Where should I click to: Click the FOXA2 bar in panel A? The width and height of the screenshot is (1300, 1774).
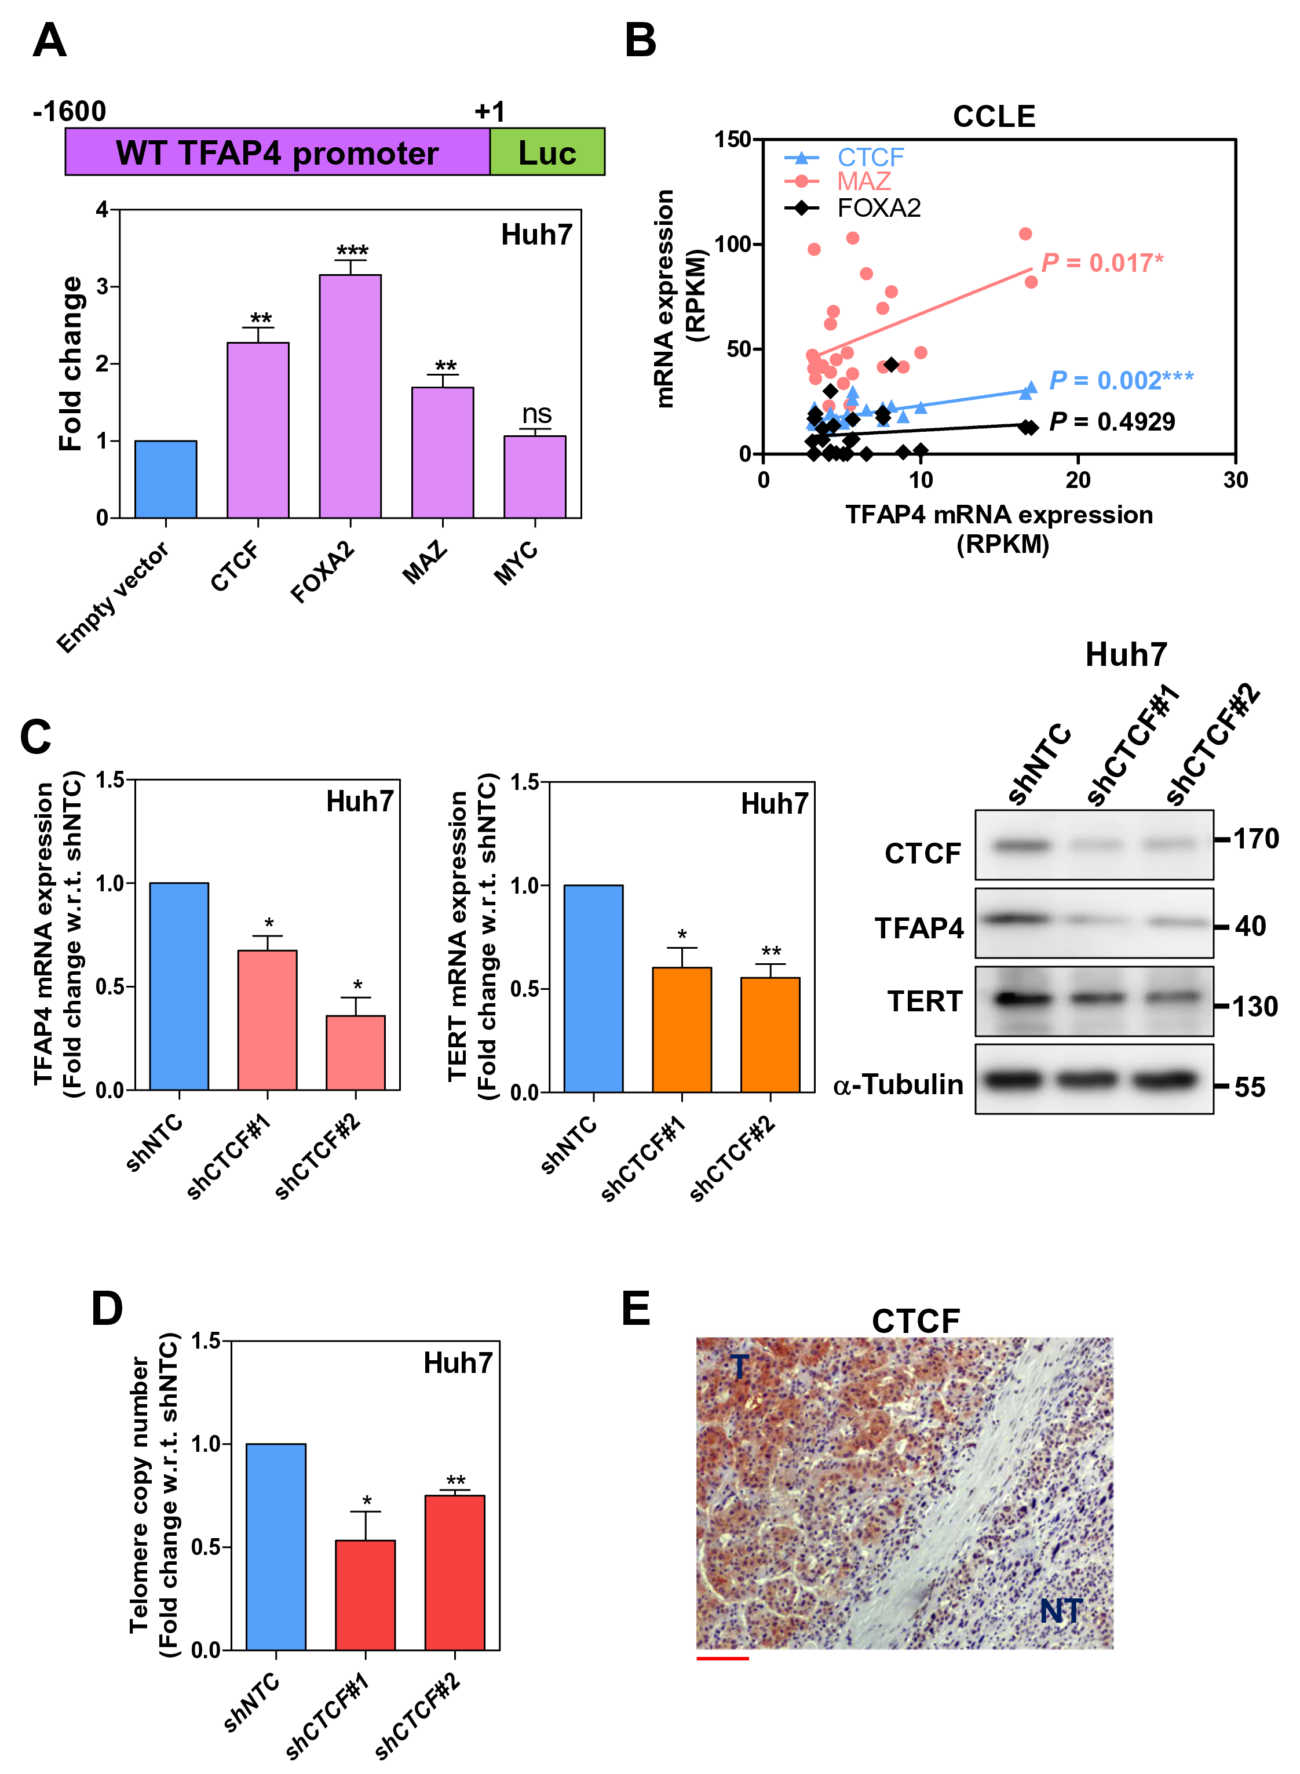click(x=350, y=396)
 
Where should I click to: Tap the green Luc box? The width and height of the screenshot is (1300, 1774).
click(x=547, y=152)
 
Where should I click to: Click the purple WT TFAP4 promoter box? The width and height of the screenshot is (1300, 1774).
click(x=277, y=152)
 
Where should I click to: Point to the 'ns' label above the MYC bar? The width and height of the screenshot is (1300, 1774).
click(x=536, y=413)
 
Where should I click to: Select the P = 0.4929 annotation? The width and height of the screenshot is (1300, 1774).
click(x=1112, y=422)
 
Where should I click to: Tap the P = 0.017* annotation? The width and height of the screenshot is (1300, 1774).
click(x=1102, y=263)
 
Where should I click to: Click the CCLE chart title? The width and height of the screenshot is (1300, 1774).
click(x=994, y=116)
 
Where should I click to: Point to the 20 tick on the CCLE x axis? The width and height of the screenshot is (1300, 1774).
click(x=1078, y=480)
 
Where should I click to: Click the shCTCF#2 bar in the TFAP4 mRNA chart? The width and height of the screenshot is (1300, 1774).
click(x=356, y=1052)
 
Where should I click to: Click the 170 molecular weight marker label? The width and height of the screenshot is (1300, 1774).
click(x=1255, y=839)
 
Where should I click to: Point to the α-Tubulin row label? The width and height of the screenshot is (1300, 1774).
click(x=898, y=1084)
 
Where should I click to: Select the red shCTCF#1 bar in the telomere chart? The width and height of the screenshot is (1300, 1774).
click(x=365, y=1594)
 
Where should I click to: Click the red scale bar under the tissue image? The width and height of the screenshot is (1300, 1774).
click(x=722, y=1658)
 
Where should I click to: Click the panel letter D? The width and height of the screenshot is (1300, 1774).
click(x=107, y=1309)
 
